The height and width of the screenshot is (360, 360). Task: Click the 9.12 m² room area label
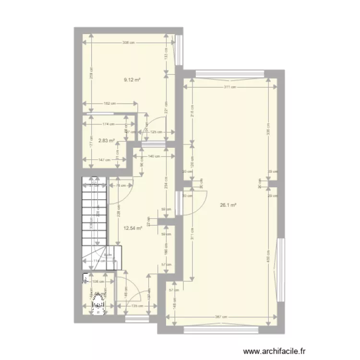[x=132, y=80]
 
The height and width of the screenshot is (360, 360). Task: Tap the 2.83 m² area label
[x=107, y=141]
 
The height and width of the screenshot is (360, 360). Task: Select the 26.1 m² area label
[x=228, y=205]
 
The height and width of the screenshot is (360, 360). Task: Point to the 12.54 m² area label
[x=132, y=228]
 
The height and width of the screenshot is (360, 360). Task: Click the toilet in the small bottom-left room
[x=99, y=303]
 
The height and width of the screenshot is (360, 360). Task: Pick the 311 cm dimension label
[x=230, y=87]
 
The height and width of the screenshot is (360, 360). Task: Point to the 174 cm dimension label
[x=108, y=124]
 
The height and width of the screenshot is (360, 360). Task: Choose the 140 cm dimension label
[x=154, y=156]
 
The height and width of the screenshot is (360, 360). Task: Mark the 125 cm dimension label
[x=155, y=132]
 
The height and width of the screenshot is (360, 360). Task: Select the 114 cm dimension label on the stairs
[x=99, y=262]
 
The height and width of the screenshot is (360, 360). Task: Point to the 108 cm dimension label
[x=97, y=282]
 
